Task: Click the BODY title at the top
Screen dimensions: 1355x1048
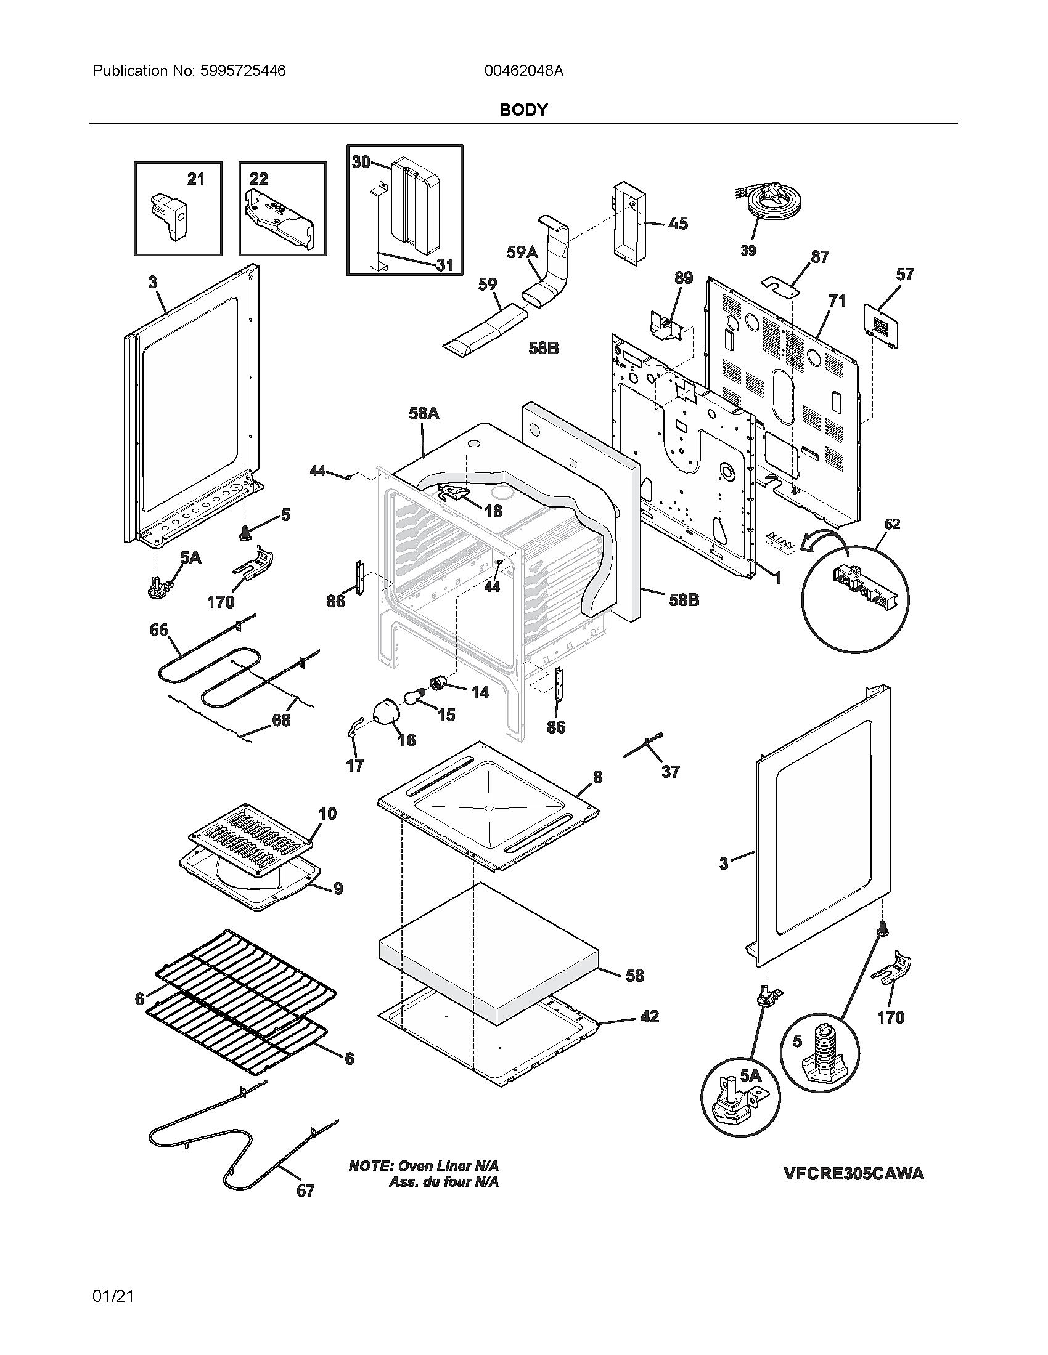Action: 523,110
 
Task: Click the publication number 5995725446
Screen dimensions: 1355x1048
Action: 243,71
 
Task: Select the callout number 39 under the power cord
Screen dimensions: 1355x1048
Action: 748,251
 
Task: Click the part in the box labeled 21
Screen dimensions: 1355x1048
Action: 168,217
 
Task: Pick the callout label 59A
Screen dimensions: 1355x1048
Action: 522,252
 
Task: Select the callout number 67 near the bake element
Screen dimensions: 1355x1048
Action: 305,1191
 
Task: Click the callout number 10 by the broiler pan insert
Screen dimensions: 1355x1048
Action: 327,814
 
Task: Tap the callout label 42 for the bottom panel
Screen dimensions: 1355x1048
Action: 649,1016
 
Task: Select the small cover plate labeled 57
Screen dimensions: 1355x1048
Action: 882,325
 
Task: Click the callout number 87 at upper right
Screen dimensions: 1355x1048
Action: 819,257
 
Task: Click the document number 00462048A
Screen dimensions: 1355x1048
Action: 523,71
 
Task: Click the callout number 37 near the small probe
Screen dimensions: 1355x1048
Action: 670,772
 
